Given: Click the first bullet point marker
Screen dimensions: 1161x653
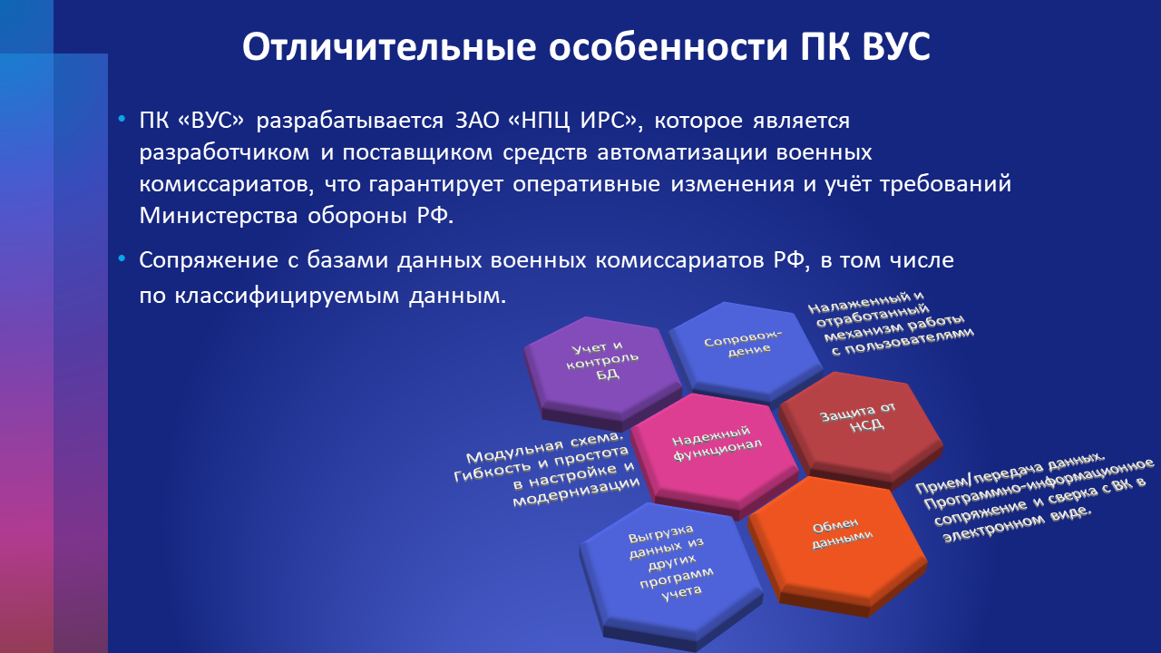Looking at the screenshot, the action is pos(122,120).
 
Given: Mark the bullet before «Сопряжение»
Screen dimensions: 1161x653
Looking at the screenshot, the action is pos(122,258).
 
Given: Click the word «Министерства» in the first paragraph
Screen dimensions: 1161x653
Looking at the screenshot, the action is pos(219,216).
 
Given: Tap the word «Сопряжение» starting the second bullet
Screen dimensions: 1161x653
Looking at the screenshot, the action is pos(209,260).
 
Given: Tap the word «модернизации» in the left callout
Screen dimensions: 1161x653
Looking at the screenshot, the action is pos(576,492).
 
